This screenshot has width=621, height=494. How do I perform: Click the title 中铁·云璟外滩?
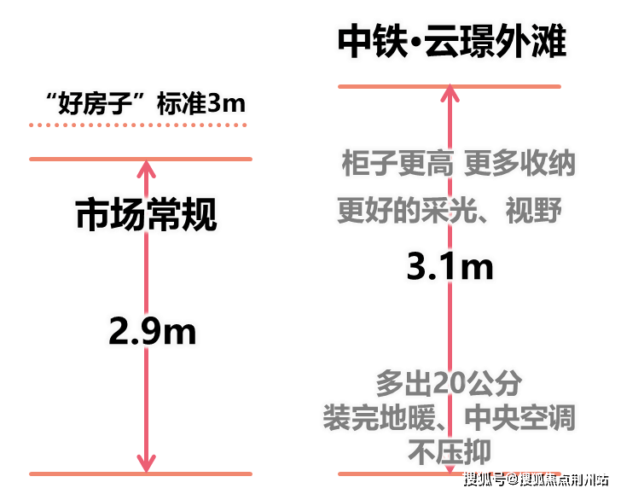tap(452, 41)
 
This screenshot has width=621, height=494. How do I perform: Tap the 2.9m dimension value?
tap(153, 331)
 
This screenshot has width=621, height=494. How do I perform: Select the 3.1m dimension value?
tap(450, 266)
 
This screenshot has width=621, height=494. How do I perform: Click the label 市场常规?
tap(146, 214)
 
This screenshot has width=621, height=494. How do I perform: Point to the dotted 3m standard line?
tap(138, 125)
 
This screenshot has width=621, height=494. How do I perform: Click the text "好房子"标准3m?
tap(146, 103)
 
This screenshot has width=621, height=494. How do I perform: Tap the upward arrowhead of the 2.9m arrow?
tap(146, 169)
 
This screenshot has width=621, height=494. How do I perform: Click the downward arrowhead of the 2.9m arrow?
tap(146, 463)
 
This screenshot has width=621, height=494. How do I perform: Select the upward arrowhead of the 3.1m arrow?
tap(450, 94)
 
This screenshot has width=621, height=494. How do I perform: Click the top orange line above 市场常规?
tap(141, 160)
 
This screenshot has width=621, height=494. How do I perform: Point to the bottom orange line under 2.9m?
tap(141, 474)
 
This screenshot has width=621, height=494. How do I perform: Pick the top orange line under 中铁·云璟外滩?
tap(450, 86)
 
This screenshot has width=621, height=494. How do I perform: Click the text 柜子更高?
tap(398, 163)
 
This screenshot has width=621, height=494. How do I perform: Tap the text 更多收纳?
tap(519, 163)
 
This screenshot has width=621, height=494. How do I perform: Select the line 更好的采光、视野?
tap(450, 210)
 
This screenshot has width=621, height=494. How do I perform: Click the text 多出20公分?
tap(449, 383)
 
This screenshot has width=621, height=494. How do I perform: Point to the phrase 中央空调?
tap(519, 418)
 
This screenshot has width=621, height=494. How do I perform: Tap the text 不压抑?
tap(450, 452)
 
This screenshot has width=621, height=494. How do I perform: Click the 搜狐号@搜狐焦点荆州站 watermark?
tap(537, 479)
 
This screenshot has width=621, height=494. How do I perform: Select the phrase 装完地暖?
tap(380, 418)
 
